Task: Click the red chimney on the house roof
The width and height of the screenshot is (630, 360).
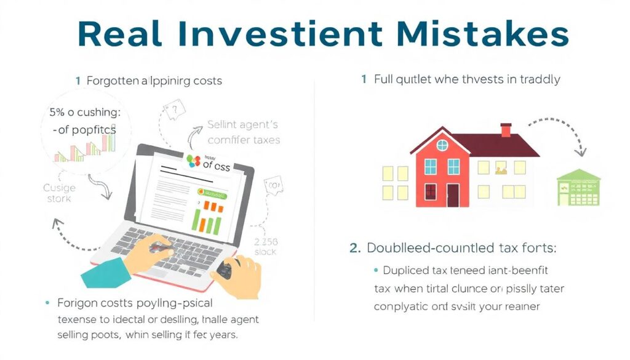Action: tap(506, 130)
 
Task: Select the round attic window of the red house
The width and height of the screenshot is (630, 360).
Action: tap(442, 145)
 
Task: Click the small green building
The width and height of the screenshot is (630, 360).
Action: tap(578, 188)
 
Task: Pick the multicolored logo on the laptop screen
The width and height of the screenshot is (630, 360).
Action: tap(194, 162)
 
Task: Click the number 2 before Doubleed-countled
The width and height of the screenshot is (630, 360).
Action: tap(354, 248)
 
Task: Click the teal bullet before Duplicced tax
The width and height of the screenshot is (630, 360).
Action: tap(375, 270)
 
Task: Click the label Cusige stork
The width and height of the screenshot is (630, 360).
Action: tap(60, 193)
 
